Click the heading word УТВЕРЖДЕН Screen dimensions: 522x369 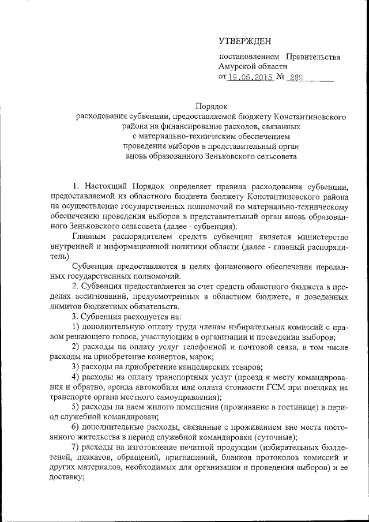[x=244, y=40]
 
